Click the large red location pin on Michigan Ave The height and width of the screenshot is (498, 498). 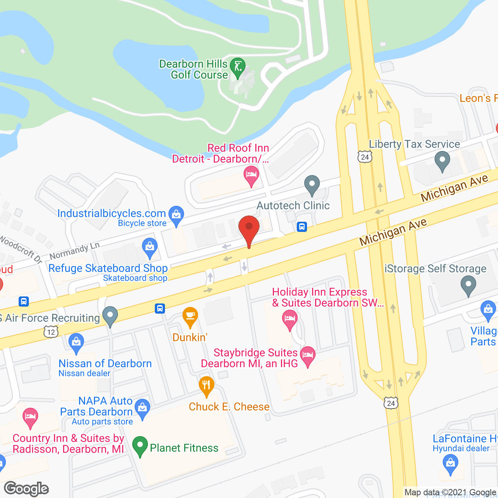pyautogui.click(x=249, y=230)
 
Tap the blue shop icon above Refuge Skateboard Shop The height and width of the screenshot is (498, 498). pyautogui.click(x=150, y=247)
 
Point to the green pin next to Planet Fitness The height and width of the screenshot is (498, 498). pyautogui.click(x=140, y=446)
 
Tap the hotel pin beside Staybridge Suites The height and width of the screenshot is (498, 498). pyautogui.click(x=308, y=356)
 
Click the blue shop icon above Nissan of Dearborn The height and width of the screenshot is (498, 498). pyautogui.click(x=76, y=342)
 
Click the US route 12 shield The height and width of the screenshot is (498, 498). pyautogui.click(x=51, y=332)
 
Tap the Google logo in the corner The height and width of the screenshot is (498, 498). pyautogui.click(x=26, y=489)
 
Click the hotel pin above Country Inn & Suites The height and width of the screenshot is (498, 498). pyautogui.click(x=30, y=417)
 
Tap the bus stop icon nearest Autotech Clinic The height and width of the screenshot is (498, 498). pyautogui.click(x=302, y=227)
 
